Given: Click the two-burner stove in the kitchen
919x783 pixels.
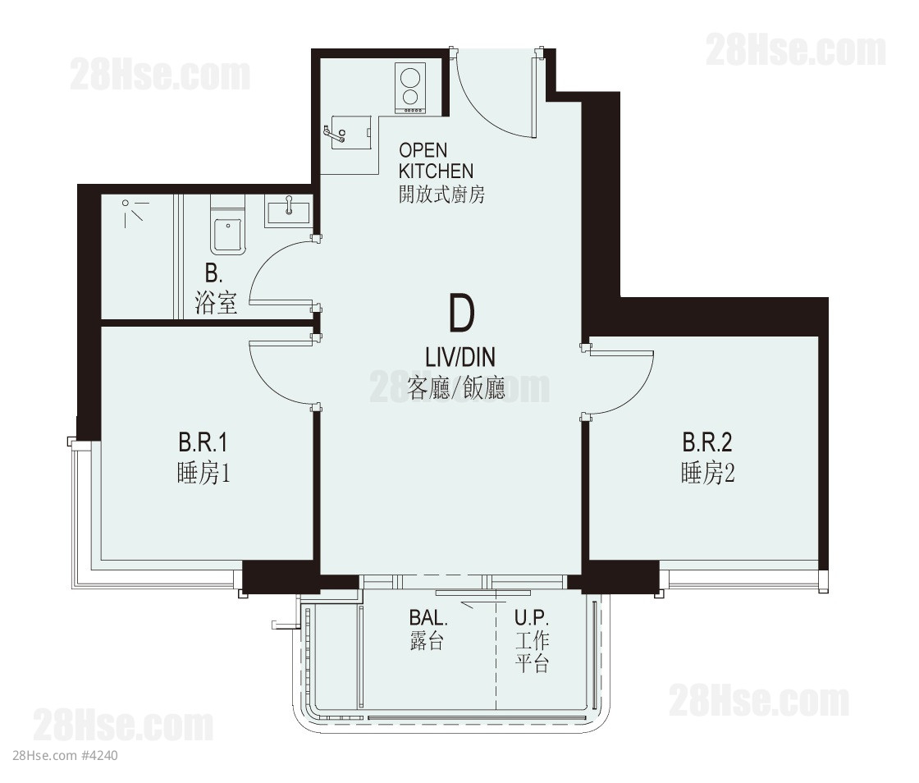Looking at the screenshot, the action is pos(410,88).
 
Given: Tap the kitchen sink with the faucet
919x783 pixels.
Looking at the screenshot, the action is pos(350,132).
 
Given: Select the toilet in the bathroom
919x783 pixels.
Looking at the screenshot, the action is pos(228,226).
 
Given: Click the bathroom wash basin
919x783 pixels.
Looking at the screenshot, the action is pos(288,211).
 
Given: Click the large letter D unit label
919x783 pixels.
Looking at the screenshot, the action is pos(461,313).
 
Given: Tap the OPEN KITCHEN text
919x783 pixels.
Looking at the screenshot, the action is pos(436,161).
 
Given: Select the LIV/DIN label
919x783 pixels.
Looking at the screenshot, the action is pos(460,357).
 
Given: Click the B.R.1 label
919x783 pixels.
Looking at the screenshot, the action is pos(203,442).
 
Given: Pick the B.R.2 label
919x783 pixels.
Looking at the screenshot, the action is pos(706,442).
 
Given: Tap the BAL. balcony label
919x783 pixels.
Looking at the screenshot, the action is pos(427,617).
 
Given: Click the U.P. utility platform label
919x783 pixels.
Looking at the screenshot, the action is pos(532,617).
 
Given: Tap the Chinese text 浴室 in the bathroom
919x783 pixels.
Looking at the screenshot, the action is pos(216,302).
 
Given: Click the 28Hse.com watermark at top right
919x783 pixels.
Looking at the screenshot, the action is pos(795,50).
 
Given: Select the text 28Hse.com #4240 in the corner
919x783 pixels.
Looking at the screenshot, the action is pos(65,755).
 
